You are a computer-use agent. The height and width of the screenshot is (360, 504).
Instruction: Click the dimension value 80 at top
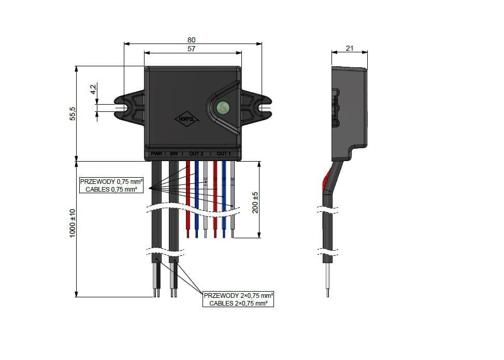point(192,40)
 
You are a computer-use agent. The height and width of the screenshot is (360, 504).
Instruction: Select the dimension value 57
point(192,48)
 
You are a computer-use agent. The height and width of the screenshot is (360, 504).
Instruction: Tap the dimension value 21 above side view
point(349,48)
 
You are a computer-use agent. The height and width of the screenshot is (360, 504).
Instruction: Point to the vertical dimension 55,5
point(73,113)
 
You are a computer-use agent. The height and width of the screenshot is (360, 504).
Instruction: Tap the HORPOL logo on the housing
point(187,119)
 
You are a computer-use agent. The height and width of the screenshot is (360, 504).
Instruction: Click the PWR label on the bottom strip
point(156,154)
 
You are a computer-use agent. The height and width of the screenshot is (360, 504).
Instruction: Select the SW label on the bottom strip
point(174,154)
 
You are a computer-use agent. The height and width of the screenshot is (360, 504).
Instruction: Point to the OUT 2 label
point(196,154)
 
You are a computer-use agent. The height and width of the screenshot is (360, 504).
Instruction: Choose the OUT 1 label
point(223,154)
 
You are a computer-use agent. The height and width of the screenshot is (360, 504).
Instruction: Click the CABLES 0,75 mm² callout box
point(111,185)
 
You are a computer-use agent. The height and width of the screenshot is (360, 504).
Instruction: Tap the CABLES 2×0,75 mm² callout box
point(238,299)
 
